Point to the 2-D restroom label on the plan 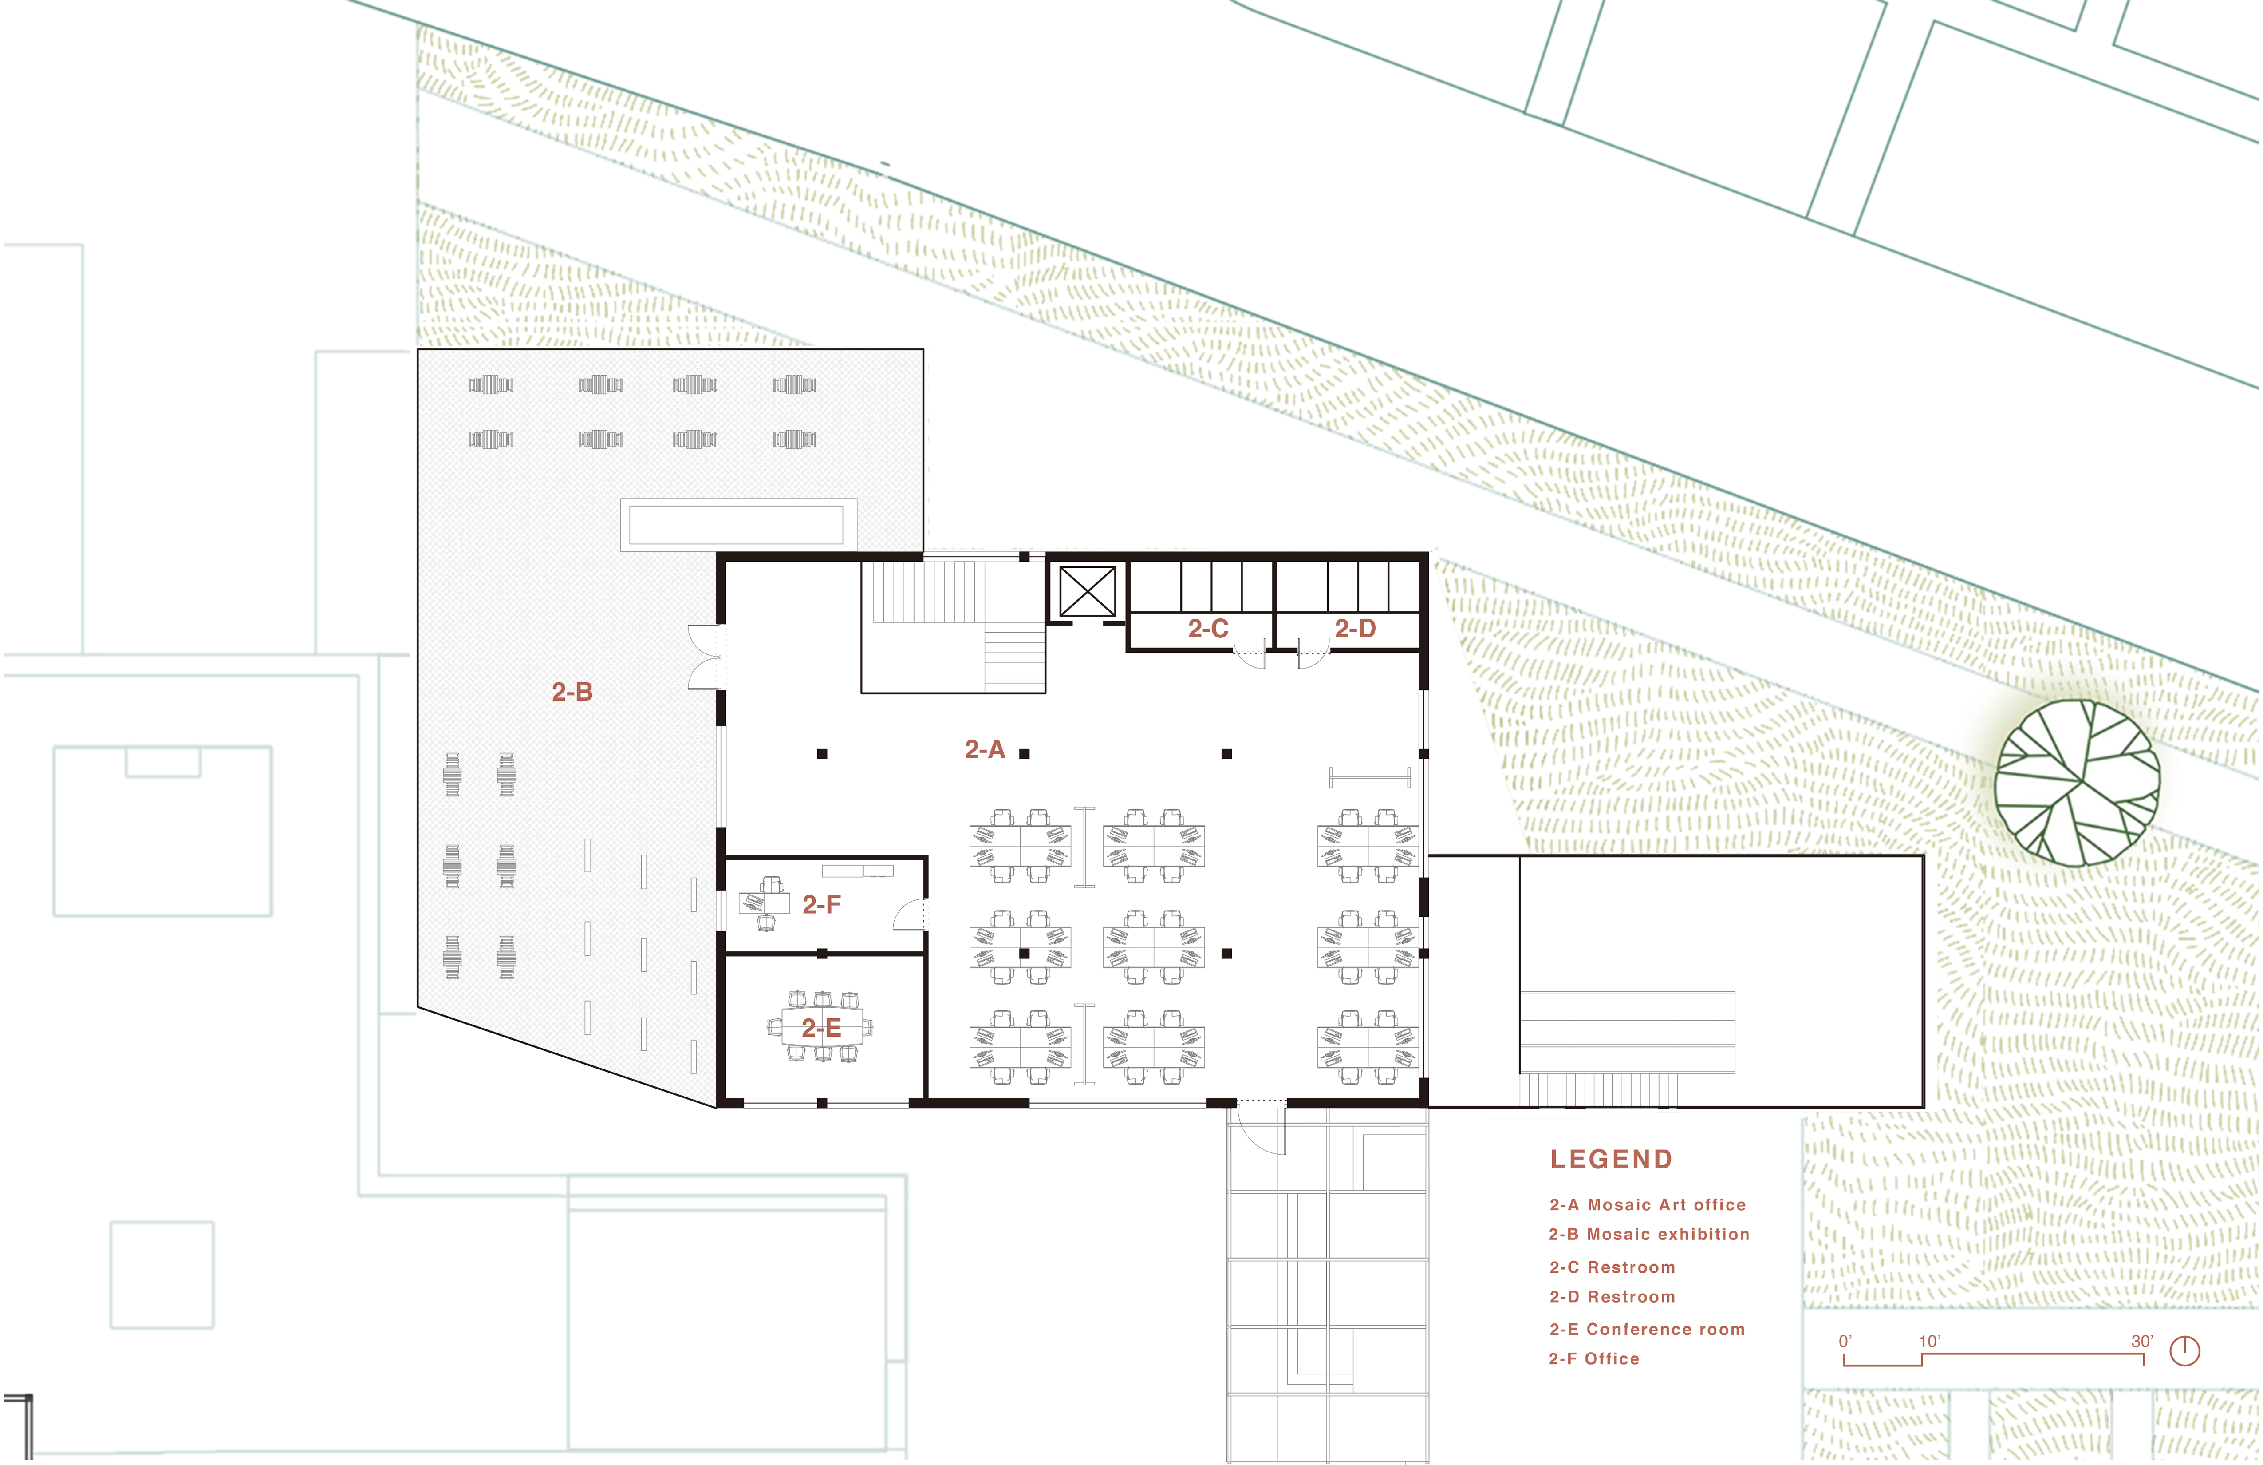(x=1355, y=629)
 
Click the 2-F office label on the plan (x=821, y=905)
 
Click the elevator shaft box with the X (x=1087, y=592)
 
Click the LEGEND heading (x=1611, y=1160)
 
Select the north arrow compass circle (x=2185, y=1351)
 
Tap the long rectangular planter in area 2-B (x=738, y=524)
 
